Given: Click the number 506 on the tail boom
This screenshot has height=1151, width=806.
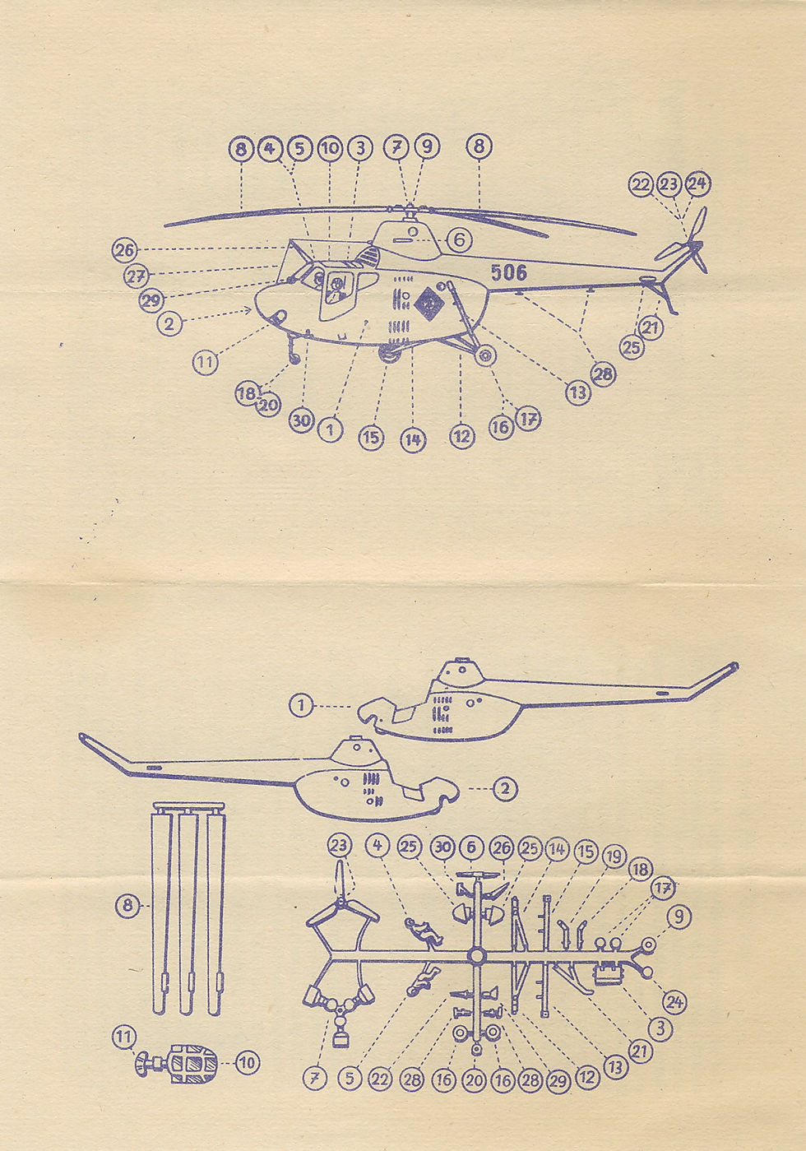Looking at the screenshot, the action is click(508, 272).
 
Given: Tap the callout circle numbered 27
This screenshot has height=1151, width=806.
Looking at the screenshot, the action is click(137, 276).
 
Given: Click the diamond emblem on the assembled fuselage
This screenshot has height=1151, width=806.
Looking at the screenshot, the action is click(429, 304).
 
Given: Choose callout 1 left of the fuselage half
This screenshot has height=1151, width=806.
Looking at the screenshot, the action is click(302, 706).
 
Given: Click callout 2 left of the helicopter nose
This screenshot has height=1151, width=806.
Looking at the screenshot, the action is click(169, 323).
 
